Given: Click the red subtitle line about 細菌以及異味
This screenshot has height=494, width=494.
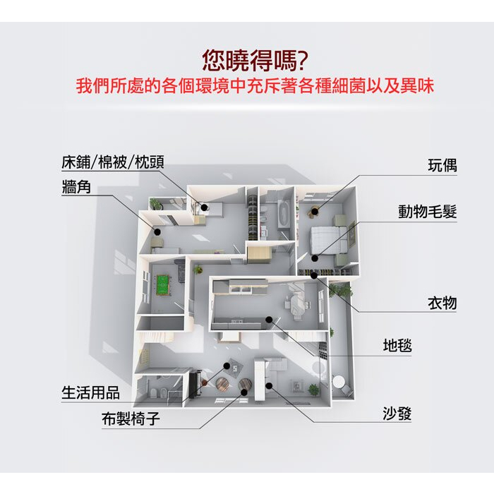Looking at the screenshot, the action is pos(255,85).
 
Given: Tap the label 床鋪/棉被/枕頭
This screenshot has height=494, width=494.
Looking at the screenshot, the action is pos(113,162).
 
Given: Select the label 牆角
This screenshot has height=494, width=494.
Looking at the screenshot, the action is pos(76,186).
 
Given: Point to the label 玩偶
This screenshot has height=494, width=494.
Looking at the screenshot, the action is pos(442,165).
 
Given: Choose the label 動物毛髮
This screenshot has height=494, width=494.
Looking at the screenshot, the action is pos(428,212).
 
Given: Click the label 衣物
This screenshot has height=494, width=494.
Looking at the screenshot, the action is pos(442,303).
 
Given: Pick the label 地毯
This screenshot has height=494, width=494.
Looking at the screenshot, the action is pos(397,345).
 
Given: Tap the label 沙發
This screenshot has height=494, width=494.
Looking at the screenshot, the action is pos(397,413).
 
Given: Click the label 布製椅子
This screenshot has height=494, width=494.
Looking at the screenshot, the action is pos(131,418).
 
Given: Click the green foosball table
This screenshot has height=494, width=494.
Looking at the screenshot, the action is pos(163,284).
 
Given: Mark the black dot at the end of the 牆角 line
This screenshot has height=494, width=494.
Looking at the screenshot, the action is pos(157,232).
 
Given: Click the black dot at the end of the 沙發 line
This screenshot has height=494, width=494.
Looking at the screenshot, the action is pos(269,385).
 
